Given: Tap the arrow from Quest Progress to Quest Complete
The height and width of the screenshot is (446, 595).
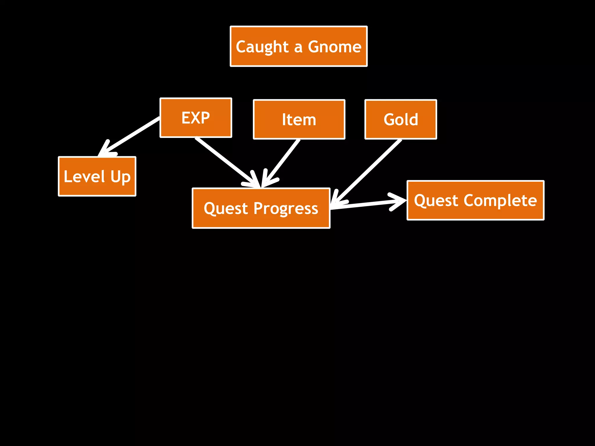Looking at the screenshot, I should [366, 204].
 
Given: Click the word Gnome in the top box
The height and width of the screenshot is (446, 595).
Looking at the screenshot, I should [334, 47].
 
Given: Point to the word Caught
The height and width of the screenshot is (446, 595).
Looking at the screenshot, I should [262, 47].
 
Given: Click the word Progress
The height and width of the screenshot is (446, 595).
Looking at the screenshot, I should [286, 208].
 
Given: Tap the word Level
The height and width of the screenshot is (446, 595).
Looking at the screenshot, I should [84, 176].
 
